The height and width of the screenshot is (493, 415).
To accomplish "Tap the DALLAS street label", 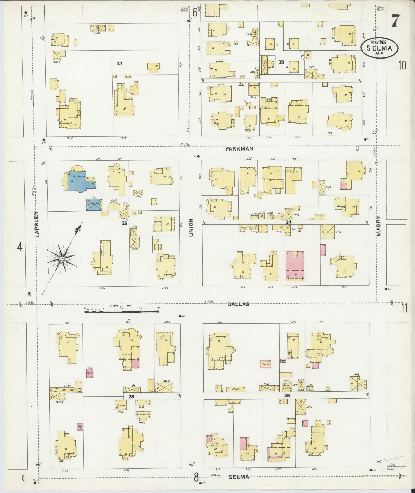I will pos(238,304).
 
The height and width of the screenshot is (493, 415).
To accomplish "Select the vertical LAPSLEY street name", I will pos(37,224).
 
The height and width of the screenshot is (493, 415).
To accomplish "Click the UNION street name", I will pos(191,228).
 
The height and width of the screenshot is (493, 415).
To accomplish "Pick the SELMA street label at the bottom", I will pos(239,477).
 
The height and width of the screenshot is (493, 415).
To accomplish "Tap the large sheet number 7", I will pos(395,21).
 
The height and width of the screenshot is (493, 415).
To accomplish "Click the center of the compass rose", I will pos(62,258).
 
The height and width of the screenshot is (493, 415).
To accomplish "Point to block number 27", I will pos(119,63).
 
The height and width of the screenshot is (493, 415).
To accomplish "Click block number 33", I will pos(281,62).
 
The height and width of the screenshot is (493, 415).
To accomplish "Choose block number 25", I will pos(131,404).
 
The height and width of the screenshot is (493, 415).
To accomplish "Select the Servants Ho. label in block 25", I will pos(143,422).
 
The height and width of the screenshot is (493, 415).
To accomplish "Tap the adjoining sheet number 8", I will pos(196,478).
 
